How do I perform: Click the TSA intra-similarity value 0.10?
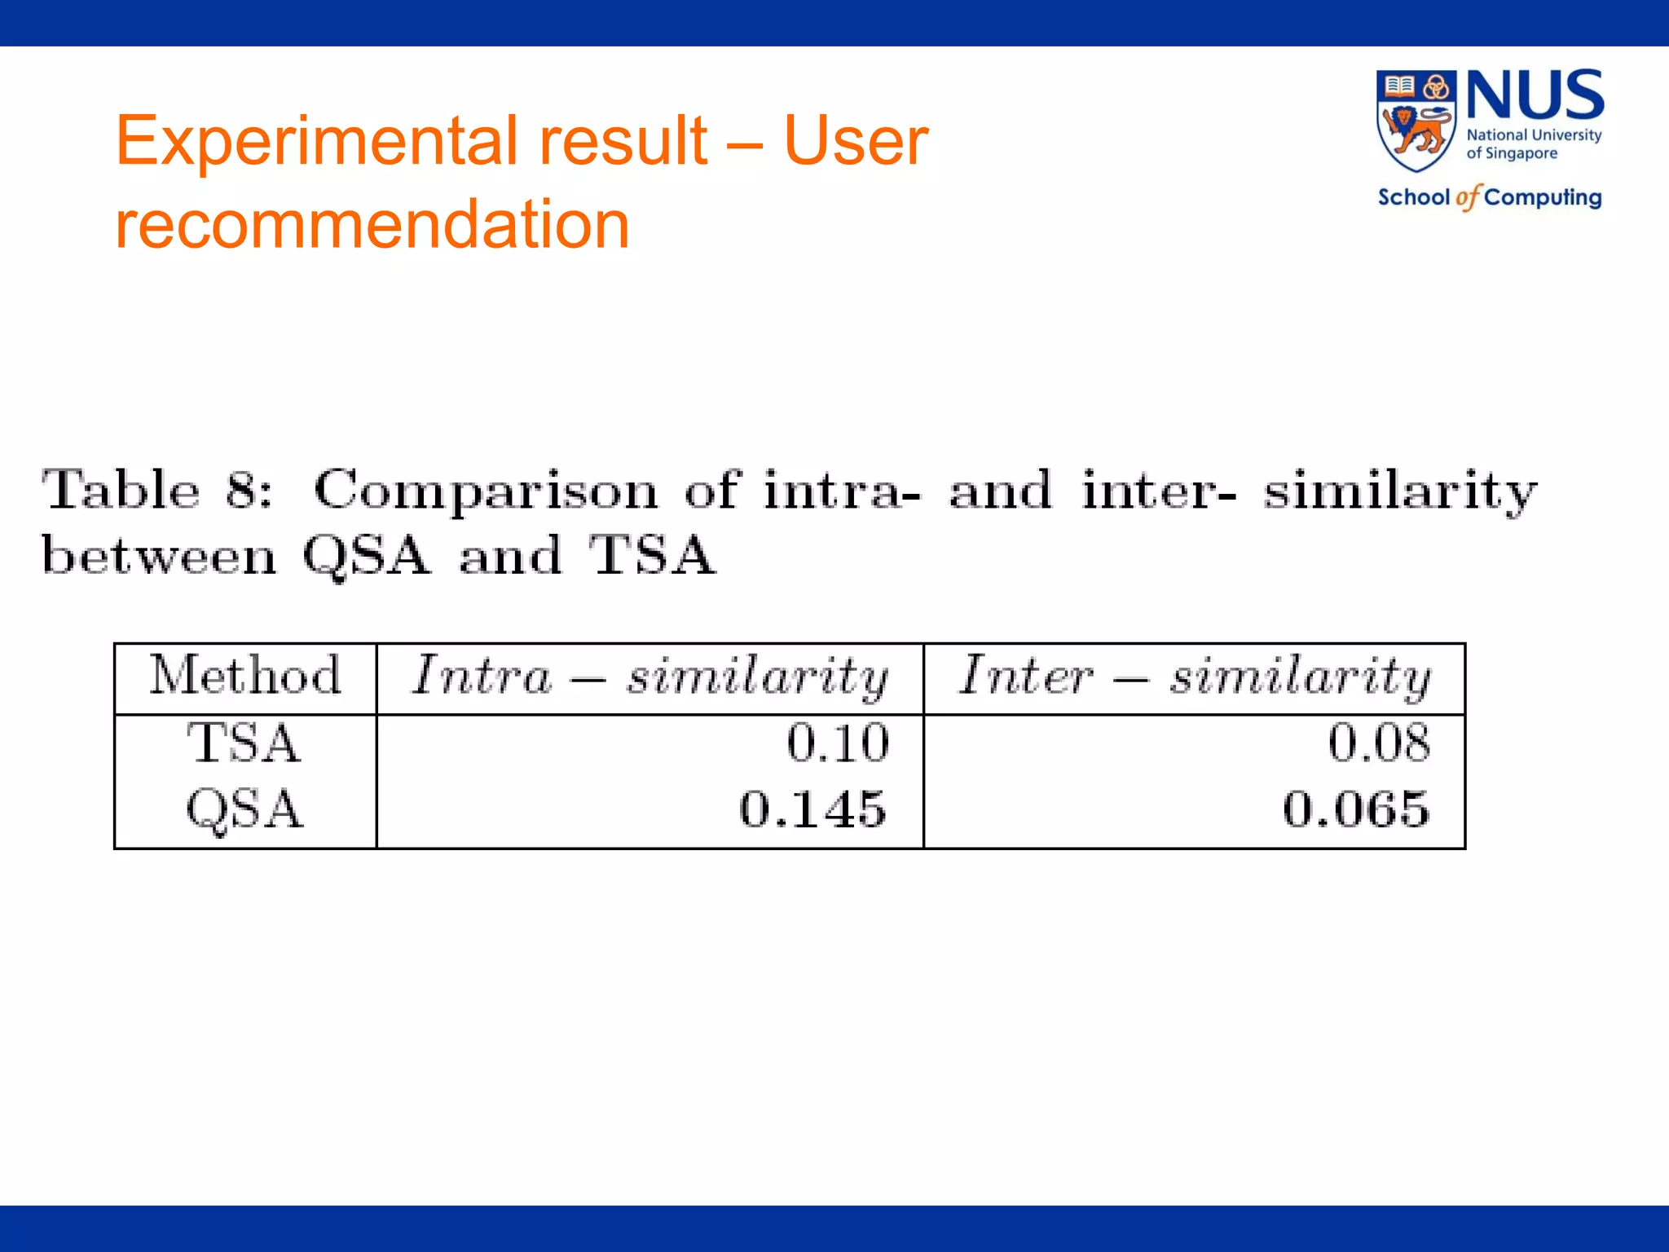(838, 743)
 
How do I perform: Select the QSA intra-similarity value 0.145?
(812, 809)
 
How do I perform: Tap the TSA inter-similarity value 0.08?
(1379, 743)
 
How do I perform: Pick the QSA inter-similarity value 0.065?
(1356, 809)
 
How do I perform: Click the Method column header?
(244, 676)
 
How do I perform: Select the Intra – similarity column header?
(650, 677)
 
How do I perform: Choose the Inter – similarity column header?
(1194, 677)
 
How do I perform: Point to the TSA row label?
(244, 743)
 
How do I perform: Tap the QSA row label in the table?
(244, 809)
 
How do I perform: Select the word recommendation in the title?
(372, 224)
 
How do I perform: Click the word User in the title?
(856, 141)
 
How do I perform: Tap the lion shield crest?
(1416, 121)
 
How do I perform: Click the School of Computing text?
(1489, 197)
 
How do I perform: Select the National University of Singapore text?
(1533, 144)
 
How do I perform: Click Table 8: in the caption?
(156, 491)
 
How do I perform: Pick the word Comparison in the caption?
(486, 491)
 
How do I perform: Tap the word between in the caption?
(159, 556)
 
